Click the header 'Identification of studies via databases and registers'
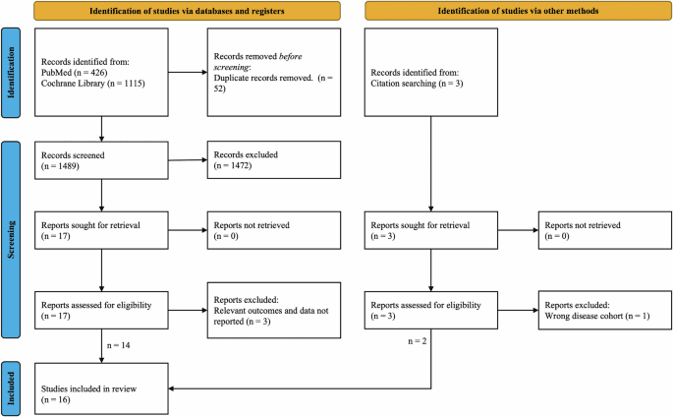188,11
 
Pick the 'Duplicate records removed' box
272,71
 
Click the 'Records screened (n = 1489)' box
101,161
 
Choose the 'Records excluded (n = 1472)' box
272,161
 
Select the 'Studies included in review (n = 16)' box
101,387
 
